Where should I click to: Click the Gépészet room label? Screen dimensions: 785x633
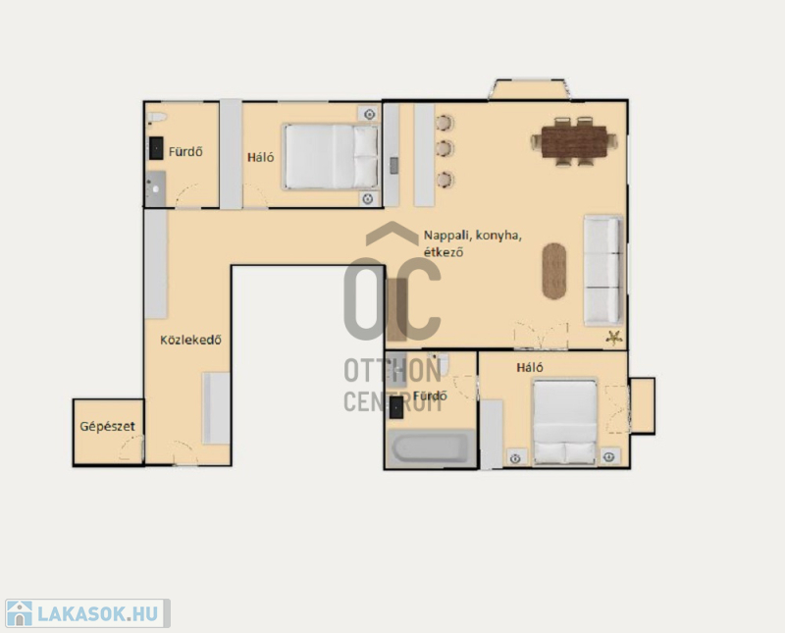click(107, 427)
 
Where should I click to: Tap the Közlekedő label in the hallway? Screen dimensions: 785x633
click(190, 340)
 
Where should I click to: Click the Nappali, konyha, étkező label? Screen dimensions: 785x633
click(473, 243)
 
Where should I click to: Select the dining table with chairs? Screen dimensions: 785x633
click(574, 141)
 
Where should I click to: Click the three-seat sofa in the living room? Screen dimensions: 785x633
click(603, 270)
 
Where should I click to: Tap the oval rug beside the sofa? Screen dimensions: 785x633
click(554, 271)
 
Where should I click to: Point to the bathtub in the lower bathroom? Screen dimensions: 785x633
click(430, 448)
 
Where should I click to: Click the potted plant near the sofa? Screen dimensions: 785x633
click(614, 338)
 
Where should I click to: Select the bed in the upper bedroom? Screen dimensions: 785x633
click(331, 157)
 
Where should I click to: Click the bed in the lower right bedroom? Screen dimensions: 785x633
click(565, 422)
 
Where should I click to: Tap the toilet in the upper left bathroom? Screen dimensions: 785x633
click(157, 118)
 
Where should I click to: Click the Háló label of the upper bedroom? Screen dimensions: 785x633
click(260, 157)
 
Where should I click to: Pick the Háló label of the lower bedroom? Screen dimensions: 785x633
click(530, 368)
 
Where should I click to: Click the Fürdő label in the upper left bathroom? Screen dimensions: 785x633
click(185, 151)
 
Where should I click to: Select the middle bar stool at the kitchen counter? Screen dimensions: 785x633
click(445, 149)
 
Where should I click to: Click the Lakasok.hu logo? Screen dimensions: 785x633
click(87, 613)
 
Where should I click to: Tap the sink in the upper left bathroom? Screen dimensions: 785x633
click(155, 188)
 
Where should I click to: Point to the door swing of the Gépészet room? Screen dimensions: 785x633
click(131, 448)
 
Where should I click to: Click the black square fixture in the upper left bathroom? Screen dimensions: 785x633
click(156, 148)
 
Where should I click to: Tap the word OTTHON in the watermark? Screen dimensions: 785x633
click(392, 371)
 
